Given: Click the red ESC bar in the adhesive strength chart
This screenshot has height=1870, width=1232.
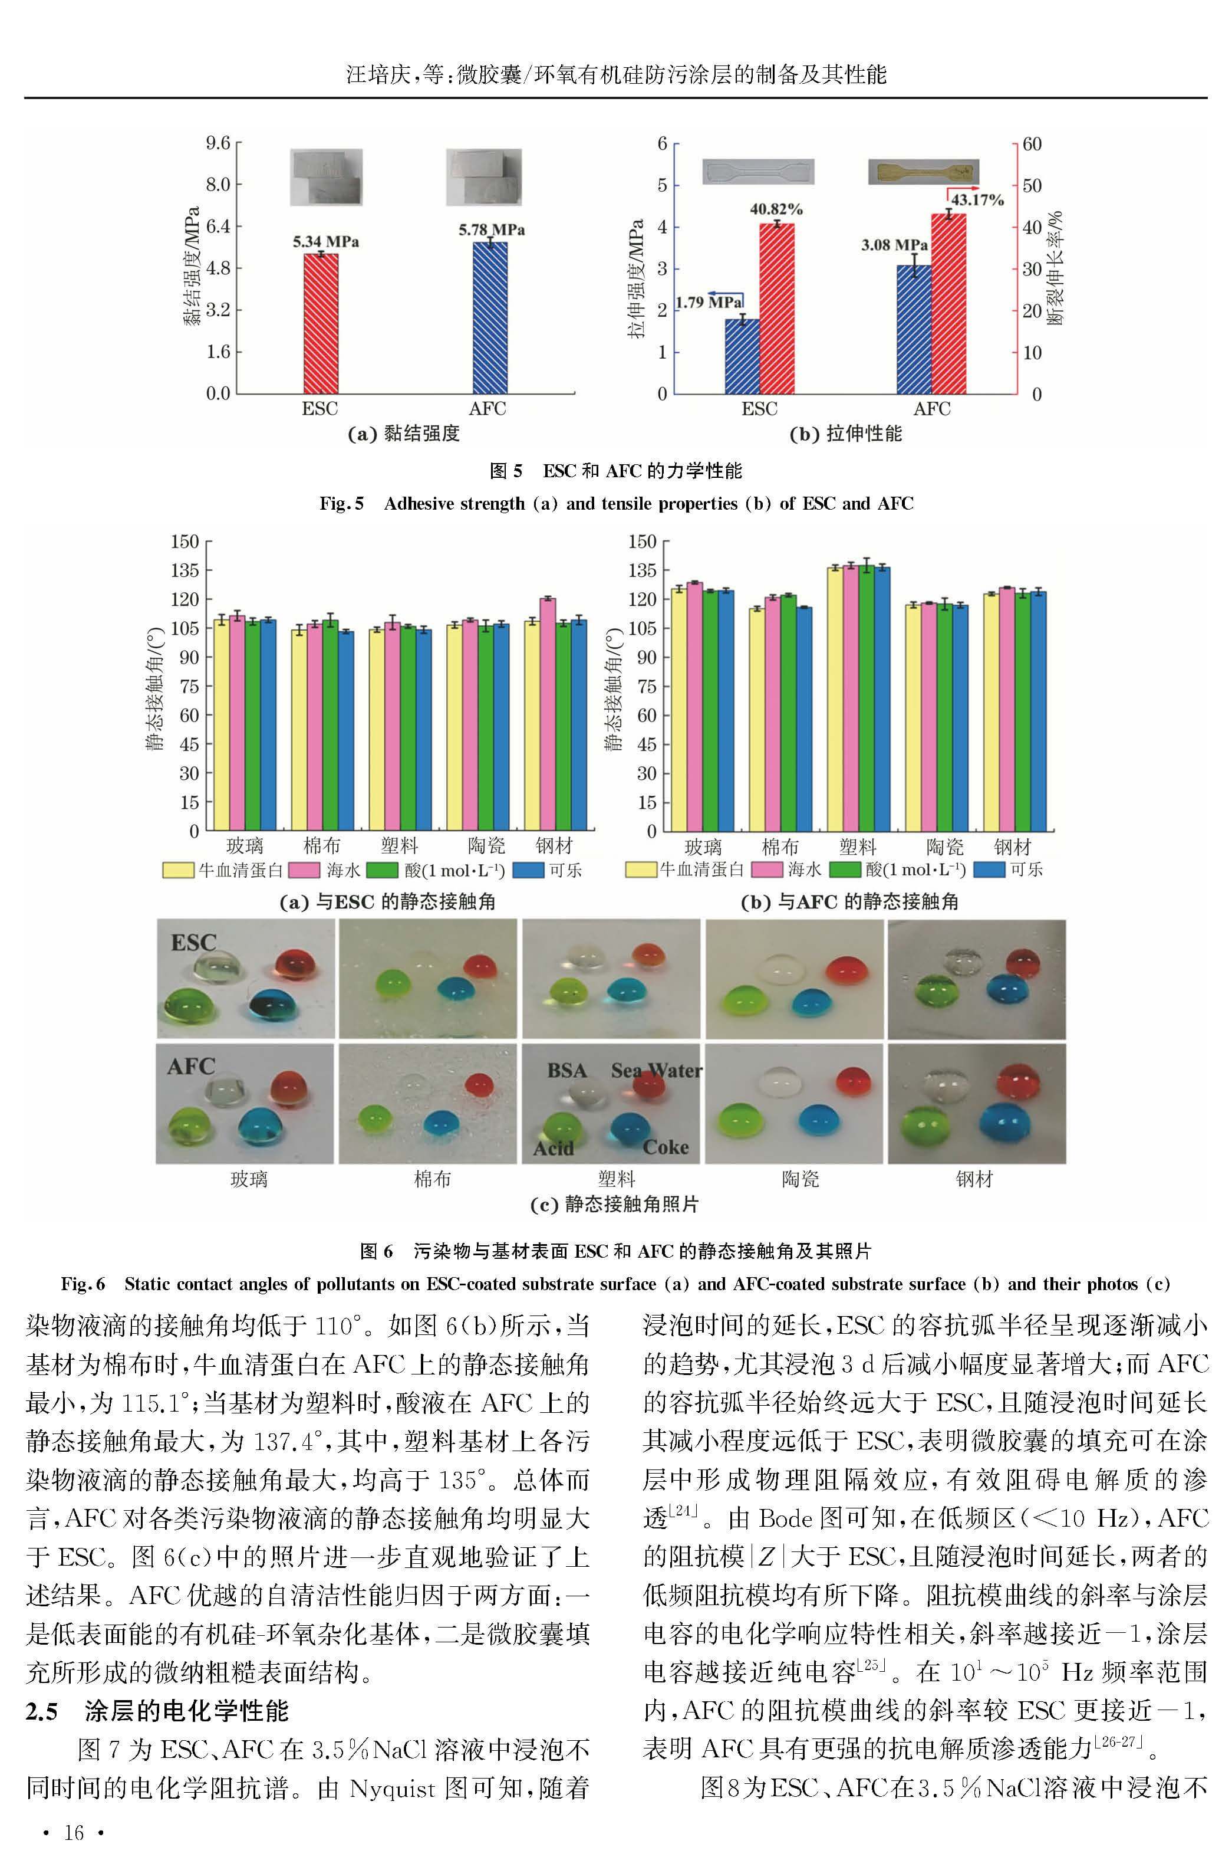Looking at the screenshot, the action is (x=321, y=323).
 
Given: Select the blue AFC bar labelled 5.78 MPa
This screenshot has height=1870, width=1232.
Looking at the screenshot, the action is (x=489, y=317).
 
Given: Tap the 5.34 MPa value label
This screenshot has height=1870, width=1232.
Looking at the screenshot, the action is (x=326, y=241).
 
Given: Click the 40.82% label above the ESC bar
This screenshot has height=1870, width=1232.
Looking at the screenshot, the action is (x=776, y=209).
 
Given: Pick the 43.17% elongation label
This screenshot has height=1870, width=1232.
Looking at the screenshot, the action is (x=977, y=199).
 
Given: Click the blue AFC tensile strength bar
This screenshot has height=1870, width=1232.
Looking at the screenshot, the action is (x=914, y=329).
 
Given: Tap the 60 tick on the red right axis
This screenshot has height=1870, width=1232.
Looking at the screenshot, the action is (x=1032, y=144).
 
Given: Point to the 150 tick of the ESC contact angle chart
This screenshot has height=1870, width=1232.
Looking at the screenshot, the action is (x=186, y=542).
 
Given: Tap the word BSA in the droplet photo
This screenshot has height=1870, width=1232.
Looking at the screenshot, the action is (x=566, y=1071).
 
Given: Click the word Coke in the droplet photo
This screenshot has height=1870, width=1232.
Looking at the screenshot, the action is (x=666, y=1147).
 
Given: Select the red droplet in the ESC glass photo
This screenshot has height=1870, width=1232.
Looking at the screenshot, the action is (x=295, y=964).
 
